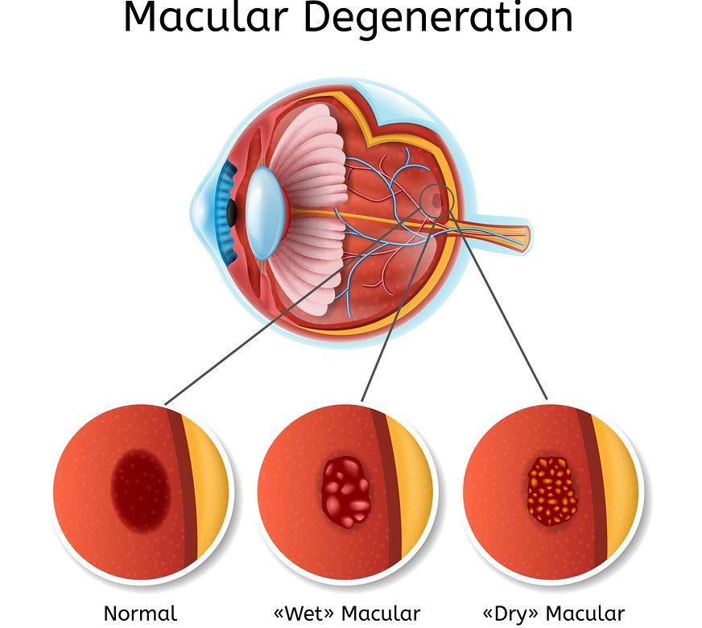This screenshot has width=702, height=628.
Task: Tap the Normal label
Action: pos(140,614)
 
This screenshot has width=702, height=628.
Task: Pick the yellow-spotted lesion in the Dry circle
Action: pos(552,490)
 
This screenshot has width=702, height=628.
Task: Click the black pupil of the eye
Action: pos(231,212)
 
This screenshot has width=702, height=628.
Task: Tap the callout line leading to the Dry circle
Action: pos(499,306)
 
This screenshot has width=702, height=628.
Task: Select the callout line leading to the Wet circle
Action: pos(394,314)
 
